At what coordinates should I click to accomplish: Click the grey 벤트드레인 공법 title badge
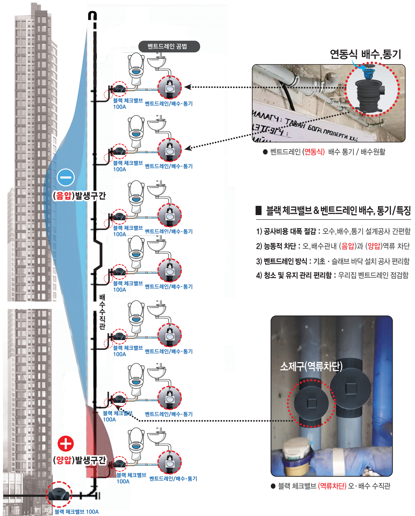169,46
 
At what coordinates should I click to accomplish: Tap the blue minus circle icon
66,177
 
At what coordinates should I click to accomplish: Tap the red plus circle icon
66,444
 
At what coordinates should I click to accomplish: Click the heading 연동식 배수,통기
365,54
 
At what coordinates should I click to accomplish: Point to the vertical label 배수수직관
102,312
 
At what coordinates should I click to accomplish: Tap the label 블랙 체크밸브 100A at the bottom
77,512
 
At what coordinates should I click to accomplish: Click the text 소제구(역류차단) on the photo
311,366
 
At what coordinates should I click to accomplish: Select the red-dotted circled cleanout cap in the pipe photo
311,403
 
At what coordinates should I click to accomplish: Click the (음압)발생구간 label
79,196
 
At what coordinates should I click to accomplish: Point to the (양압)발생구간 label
79,460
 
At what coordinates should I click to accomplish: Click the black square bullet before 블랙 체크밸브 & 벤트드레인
259,210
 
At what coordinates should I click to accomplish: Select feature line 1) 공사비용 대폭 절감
333,231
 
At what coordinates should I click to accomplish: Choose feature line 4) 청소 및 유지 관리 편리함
332,275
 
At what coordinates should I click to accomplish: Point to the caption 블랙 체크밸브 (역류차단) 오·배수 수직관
334,486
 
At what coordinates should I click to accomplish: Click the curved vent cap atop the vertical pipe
93,15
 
